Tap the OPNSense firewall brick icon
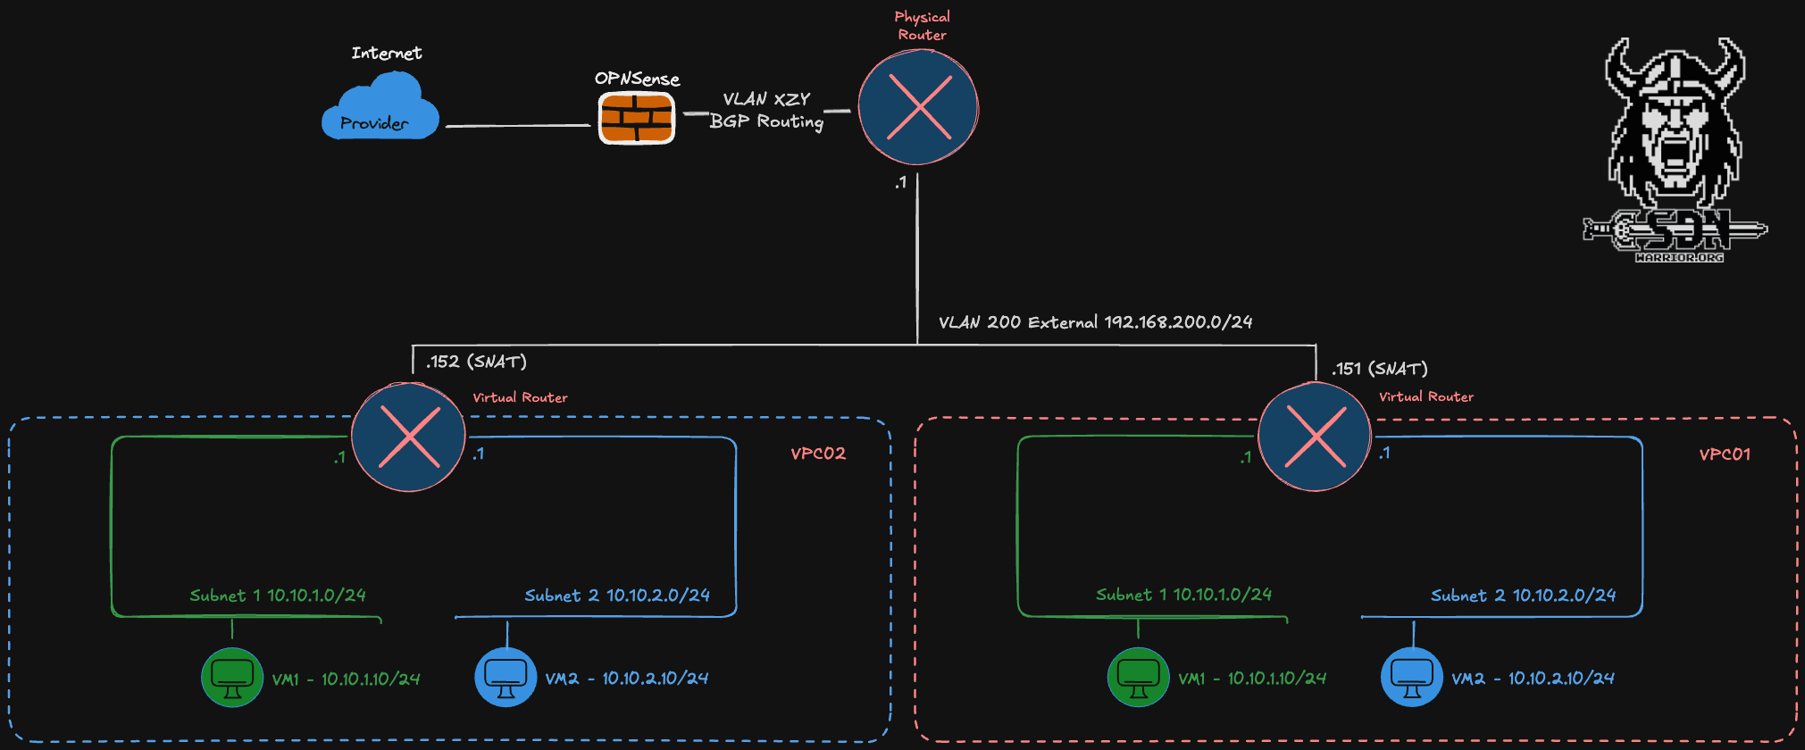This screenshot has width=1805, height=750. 636,118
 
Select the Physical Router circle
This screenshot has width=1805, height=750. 918,107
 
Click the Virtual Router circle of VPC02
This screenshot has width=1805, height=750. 408,437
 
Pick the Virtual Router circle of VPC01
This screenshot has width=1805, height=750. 1315,437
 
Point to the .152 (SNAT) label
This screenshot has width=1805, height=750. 476,362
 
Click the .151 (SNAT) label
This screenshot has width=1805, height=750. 1380,369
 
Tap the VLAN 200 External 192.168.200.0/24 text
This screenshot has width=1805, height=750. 1095,322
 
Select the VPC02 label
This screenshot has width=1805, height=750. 818,454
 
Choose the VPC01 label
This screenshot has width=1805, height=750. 1725,454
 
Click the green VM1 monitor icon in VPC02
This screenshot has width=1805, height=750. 232,677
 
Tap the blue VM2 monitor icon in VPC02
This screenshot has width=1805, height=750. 506,677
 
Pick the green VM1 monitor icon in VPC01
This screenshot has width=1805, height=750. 1139,677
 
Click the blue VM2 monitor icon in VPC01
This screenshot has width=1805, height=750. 1412,677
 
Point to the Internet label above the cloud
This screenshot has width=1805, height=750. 387,54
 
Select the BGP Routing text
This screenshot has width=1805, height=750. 766,121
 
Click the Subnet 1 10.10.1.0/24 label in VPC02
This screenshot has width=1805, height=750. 278,596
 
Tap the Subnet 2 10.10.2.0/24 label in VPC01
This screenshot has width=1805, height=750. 1523,596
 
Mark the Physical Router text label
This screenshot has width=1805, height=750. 923,26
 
